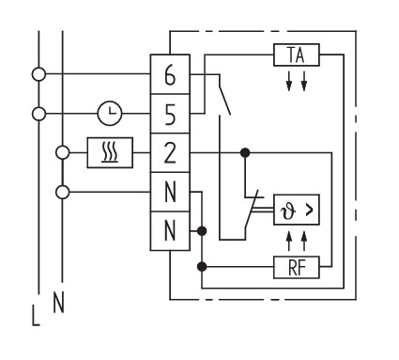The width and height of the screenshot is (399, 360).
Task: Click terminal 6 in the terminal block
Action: [170, 74]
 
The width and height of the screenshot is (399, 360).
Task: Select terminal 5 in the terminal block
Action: [170, 114]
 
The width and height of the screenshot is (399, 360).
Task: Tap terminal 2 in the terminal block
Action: [170, 152]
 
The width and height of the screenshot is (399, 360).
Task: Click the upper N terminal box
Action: [170, 192]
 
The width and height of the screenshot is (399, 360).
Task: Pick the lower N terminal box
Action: [170, 231]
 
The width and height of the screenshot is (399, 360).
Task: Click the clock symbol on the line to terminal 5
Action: [110, 114]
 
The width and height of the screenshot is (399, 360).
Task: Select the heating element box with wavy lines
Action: [110, 152]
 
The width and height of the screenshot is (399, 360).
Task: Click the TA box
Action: [297, 55]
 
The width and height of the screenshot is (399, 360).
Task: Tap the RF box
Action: [297, 267]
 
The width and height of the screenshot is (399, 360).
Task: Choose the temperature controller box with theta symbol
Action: [297, 210]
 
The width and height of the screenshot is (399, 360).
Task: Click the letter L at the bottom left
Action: [36, 315]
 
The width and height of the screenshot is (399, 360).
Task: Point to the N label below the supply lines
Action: [58, 303]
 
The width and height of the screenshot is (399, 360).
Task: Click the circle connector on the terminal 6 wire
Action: [38, 74]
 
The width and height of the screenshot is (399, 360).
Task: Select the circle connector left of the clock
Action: [38, 114]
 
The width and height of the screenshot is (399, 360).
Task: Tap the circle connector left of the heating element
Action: [63, 152]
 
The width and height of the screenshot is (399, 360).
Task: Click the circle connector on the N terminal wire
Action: [63, 192]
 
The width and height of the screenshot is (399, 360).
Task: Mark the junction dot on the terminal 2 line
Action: [245, 152]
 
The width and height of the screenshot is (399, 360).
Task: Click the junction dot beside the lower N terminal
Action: [202, 231]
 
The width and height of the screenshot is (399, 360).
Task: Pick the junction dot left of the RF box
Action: [202, 267]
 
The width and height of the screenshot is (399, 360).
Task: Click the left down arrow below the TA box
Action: [289, 81]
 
